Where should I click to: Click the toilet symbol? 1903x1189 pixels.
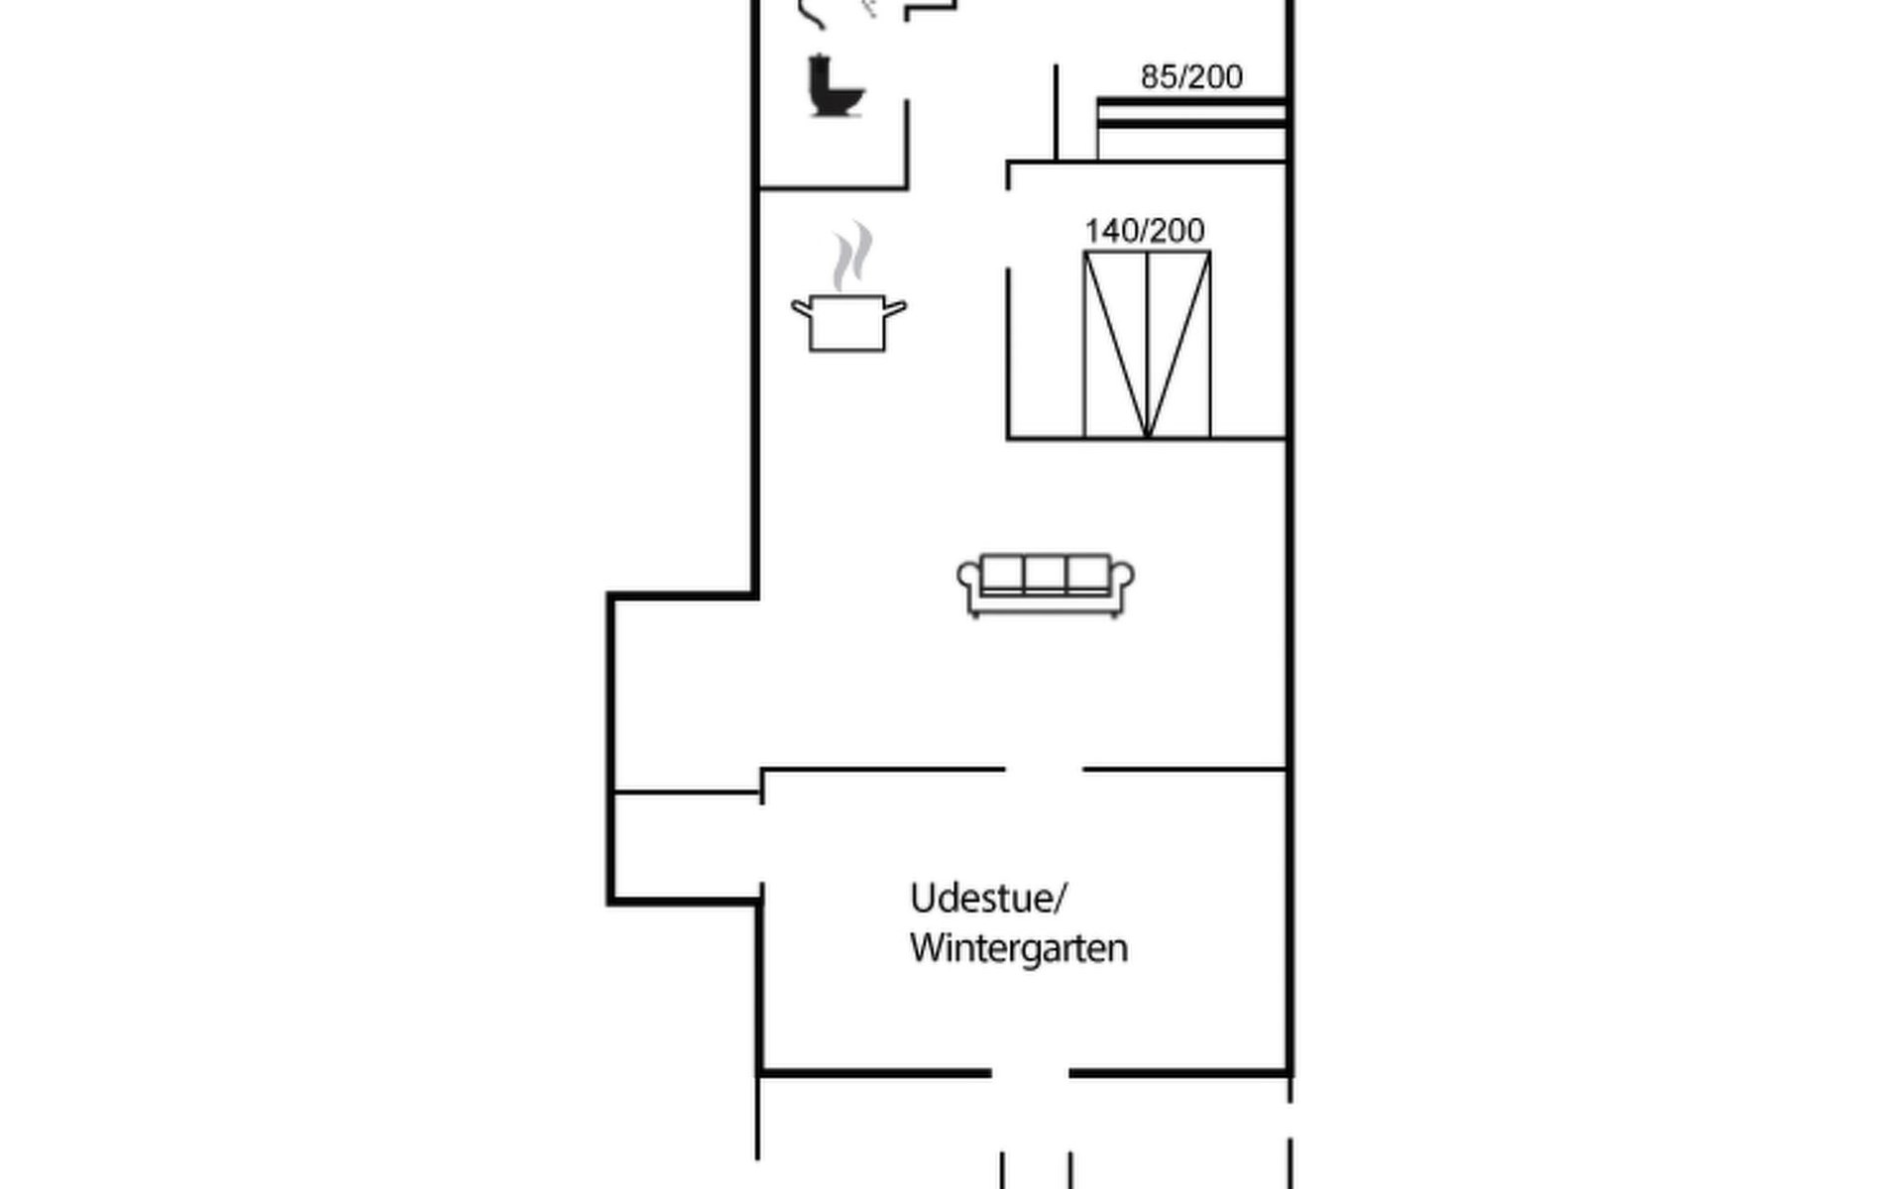836,86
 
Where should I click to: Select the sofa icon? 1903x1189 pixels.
1046,585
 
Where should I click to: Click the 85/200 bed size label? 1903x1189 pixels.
1191,76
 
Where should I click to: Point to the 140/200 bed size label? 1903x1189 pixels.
1145,230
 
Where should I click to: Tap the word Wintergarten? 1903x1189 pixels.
1019,948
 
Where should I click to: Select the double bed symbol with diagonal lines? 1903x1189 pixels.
1147,344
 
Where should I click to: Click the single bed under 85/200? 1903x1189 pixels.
1191,129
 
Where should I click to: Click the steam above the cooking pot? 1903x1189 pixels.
852,256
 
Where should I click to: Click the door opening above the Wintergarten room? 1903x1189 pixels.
1045,768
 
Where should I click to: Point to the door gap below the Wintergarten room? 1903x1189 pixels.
1031,1072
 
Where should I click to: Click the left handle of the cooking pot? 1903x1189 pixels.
801,309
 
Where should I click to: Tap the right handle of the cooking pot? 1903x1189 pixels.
895,309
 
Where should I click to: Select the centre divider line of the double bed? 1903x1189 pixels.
1147,344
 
